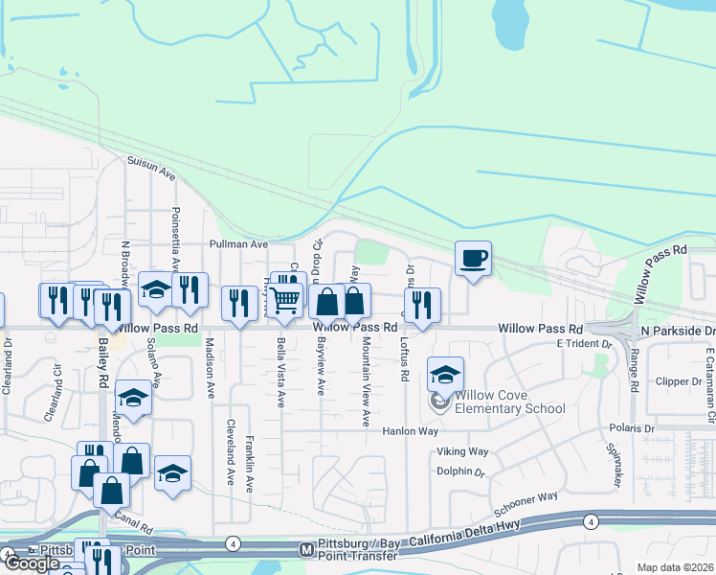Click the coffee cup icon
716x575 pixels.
click(473, 258)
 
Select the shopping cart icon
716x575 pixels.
click(284, 300)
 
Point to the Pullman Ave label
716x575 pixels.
click(240, 244)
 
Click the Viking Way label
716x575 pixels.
click(462, 451)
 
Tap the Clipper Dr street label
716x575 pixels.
click(681, 380)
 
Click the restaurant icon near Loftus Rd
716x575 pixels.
click(421, 305)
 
